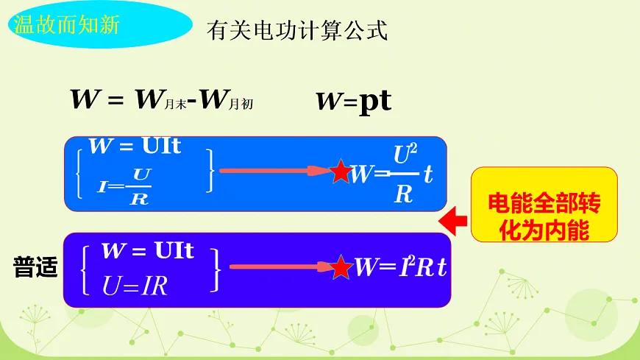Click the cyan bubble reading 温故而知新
point(65,24)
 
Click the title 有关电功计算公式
point(297,31)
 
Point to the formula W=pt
point(353,102)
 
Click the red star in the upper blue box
point(341,172)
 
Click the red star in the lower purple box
point(341,267)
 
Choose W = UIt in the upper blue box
point(135,146)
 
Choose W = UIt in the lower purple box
point(147,251)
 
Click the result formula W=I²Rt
point(400,267)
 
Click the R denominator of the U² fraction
point(403,194)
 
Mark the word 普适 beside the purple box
point(35,267)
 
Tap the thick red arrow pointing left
point(452,218)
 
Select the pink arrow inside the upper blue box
point(276,172)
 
